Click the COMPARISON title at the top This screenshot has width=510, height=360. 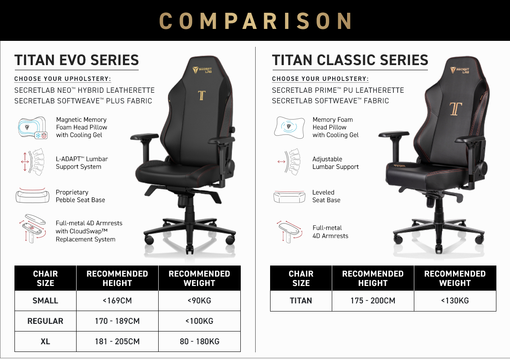[x=255, y=21]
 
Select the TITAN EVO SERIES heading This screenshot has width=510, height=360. [x=77, y=60]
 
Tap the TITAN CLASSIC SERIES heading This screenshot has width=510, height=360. [x=350, y=60]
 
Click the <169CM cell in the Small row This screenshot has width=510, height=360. [x=117, y=300]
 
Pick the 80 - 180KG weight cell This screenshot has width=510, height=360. [x=199, y=341]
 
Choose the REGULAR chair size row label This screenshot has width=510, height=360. [x=45, y=321]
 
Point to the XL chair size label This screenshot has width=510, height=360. [x=45, y=341]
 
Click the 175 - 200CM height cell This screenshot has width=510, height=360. [x=373, y=300]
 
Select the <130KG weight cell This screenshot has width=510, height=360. [x=455, y=300]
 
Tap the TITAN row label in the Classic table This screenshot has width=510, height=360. [x=301, y=300]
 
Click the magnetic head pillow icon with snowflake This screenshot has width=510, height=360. [x=32, y=128]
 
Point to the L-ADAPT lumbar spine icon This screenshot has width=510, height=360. [x=32, y=162]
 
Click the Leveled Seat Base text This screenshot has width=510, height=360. [x=326, y=196]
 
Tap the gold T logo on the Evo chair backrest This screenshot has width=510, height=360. [x=202, y=95]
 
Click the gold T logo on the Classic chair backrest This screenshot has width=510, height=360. [x=456, y=109]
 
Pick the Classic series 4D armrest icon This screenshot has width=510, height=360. [x=288, y=231]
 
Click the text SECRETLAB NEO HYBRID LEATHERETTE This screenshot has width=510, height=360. [x=85, y=90]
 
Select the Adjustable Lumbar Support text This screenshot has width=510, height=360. [x=335, y=163]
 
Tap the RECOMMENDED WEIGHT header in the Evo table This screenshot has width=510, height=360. [x=199, y=278]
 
